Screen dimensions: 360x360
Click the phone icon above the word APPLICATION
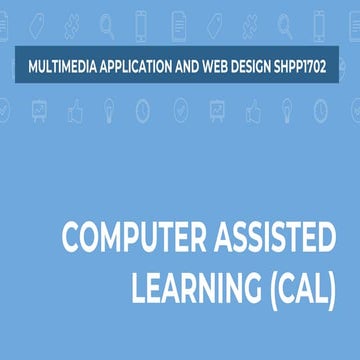coord(141,19)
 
